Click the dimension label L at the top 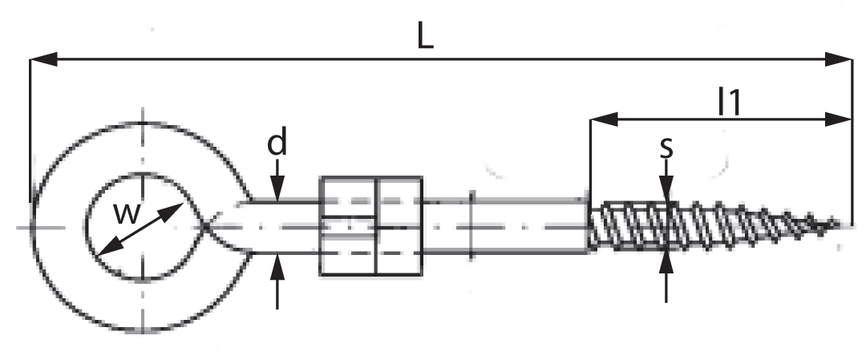click(425, 37)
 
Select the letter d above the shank click(277, 143)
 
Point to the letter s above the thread click(666, 148)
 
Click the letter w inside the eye click(127, 214)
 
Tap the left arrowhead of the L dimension click(43, 59)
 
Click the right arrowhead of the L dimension click(839, 59)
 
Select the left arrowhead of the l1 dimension click(605, 119)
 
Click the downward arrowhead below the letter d click(277, 189)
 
